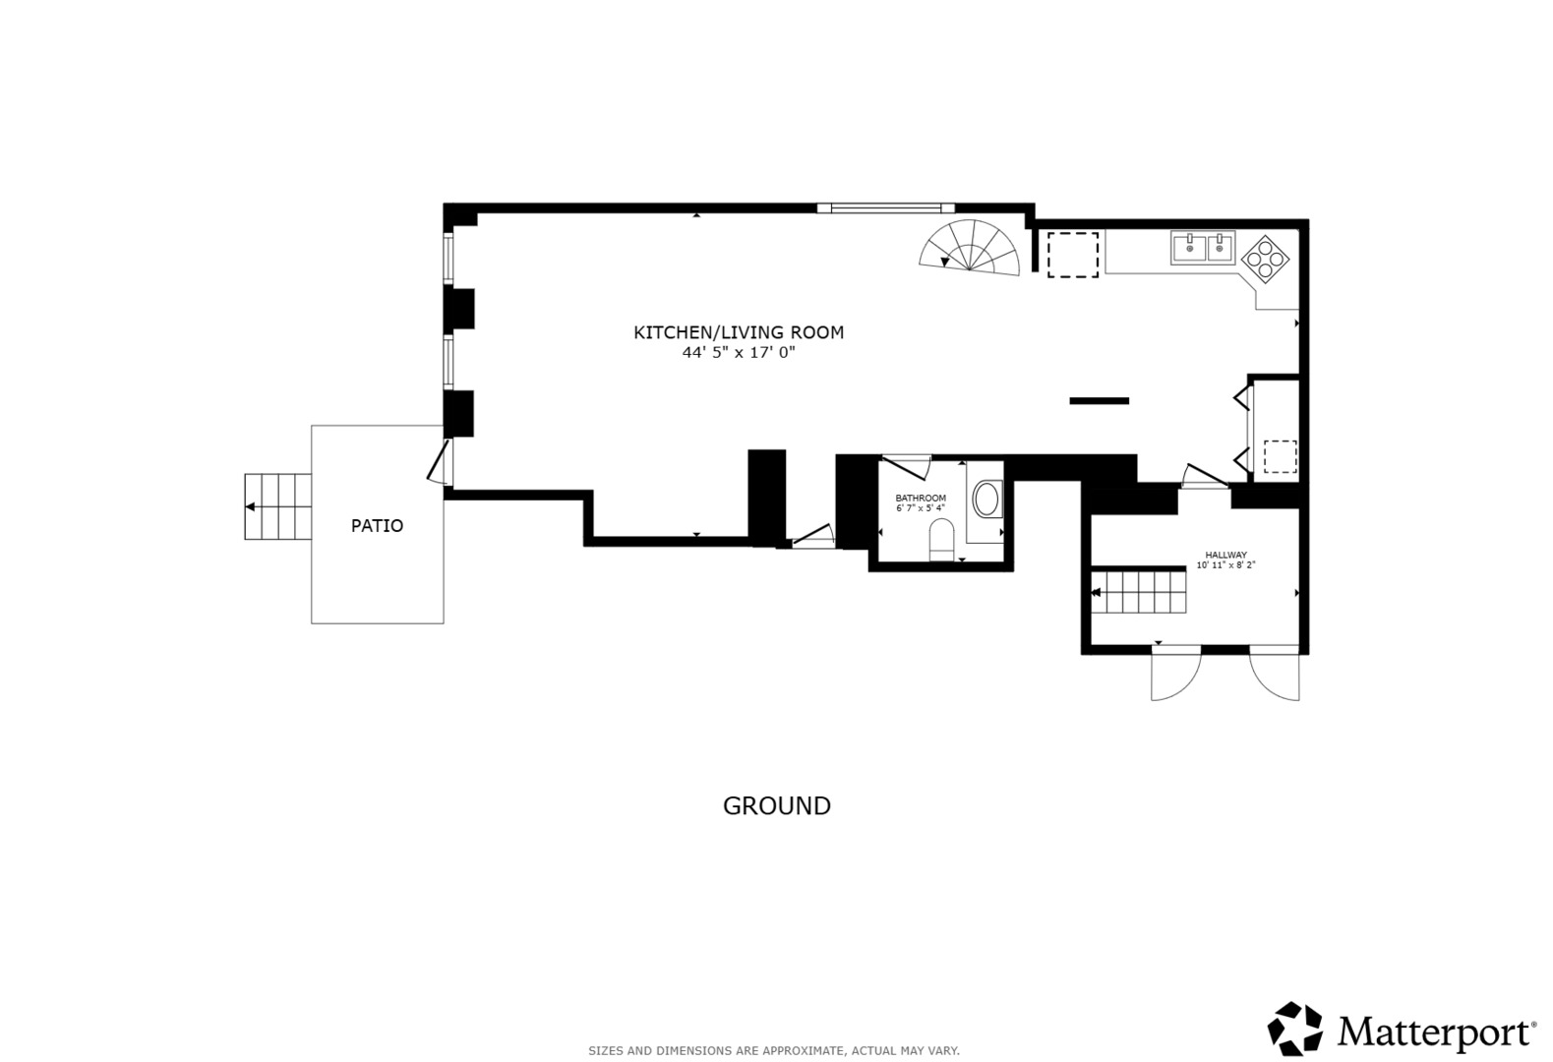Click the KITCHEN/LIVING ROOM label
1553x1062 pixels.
(738, 332)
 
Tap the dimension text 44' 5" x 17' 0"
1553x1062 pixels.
(738, 353)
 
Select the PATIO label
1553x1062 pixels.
(377, 526)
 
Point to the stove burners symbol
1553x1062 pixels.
(1265, 260)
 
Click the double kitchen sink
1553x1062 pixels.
(1202, 248)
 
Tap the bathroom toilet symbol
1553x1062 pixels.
(941, 539)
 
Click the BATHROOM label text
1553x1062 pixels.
(920, 499)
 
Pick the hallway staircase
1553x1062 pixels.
(1138, 592)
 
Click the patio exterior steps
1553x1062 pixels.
(278, 506)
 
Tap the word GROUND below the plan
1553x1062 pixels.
(776, 806)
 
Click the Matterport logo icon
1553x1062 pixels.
(1294, 1029)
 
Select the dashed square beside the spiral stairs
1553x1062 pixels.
(1071, 255)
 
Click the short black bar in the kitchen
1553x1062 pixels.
(1099, 400)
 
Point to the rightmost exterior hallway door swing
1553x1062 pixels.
(1275, 676)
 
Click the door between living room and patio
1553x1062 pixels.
(439, 461)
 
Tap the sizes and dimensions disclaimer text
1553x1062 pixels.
(774, 1051)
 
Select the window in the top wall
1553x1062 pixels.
(885, 207)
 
